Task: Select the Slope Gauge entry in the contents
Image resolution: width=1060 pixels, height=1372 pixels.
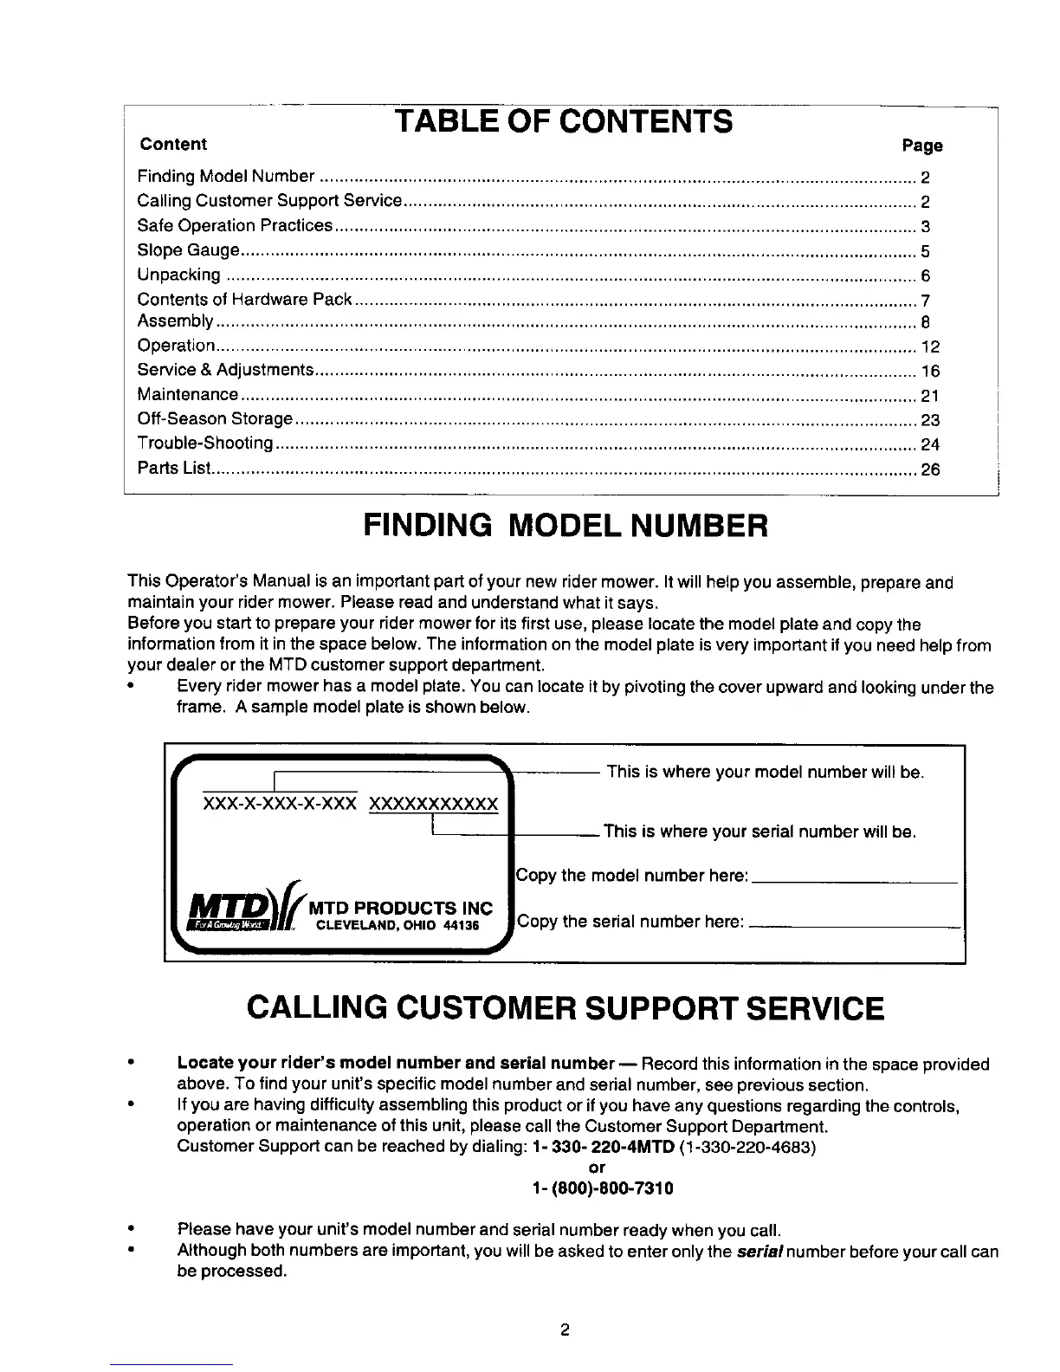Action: pos(188,251)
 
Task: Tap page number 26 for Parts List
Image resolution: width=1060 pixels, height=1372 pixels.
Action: pos(930,470)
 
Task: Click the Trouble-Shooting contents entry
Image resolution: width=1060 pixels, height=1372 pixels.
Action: pos(206,444)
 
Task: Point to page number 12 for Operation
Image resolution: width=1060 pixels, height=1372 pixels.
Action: pos(930,347)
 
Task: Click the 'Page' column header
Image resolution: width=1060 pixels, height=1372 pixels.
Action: pos(921,146)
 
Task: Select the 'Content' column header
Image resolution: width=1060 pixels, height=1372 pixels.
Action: pos(173,144)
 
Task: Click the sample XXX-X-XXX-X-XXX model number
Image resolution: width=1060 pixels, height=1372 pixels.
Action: pos(279,804)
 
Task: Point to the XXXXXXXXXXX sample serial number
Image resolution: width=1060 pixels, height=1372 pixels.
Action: pos(434,804)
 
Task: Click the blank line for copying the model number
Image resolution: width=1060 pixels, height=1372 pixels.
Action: pos(855,880)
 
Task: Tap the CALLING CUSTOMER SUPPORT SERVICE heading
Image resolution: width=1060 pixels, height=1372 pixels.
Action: pos(566,1009)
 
